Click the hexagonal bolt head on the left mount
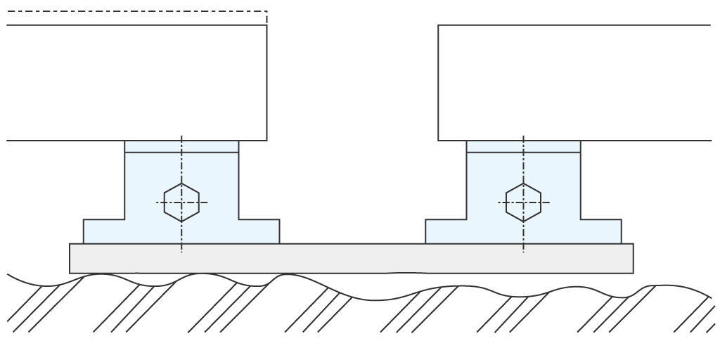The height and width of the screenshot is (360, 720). point(181,202)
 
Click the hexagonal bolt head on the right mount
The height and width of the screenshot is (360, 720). point(523,202)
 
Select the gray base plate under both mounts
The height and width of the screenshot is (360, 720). point(352,258)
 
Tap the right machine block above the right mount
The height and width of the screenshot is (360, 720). point(573,83)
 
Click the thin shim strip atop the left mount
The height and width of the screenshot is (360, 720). point(181,146)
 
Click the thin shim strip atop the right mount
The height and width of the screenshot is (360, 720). point(523,146)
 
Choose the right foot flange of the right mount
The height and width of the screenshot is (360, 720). point(601,231)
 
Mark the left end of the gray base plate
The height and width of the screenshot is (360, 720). point(71,258)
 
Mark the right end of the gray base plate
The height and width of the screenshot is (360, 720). point(632,258)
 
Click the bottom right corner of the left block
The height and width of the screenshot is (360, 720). point(266,140)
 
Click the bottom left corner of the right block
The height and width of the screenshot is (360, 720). point(438,140)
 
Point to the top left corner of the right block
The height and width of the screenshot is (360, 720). point(438,25)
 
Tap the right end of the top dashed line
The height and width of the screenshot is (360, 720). point(266,11)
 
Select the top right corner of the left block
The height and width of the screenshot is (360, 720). point(266,25)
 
